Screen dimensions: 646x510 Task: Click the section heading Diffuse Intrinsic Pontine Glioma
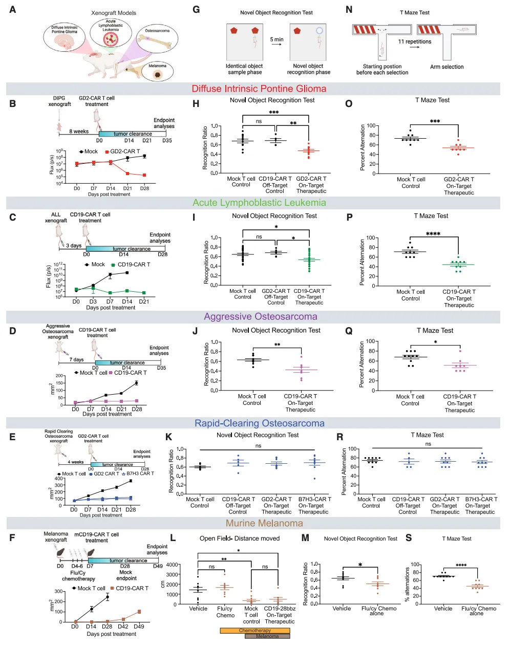(259, 89)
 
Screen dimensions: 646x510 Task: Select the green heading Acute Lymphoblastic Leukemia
(259, 203)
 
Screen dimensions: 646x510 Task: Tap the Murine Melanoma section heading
(264, 523)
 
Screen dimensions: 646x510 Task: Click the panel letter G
(196, 10)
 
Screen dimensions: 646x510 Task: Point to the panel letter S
(409, 537)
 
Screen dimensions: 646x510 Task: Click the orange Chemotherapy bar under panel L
(255, 631)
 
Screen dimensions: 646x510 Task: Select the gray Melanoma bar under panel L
(267, 636)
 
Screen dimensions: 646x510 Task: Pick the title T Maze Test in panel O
(432, 100)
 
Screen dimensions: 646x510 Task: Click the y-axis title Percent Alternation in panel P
(362, 262)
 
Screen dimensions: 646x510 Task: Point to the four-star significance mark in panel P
(433, 234)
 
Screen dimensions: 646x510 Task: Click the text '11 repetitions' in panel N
(415, 41)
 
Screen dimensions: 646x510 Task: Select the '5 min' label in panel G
(277, 39)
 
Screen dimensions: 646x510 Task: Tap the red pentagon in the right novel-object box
(297, 31)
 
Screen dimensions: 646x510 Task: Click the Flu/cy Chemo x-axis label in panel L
(225, 612)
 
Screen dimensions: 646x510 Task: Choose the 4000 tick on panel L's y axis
(186, 565)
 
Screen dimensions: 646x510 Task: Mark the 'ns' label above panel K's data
(258, 446)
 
